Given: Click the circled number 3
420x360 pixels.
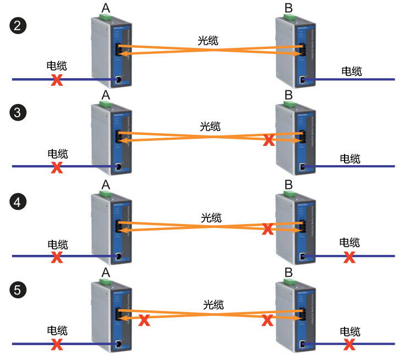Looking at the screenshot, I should point(18,113).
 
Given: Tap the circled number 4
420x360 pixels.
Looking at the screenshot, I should point(18,203).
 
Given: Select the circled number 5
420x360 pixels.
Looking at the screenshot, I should point(18,290).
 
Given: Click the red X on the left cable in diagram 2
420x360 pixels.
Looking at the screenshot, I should point(56,80).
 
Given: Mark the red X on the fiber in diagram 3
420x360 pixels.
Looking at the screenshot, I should point(269,140).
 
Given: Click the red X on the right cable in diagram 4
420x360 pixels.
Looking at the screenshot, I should point(348,257).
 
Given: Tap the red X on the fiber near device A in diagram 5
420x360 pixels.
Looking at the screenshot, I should point(144,320).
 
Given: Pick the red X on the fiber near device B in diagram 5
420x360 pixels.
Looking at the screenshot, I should point(268,320).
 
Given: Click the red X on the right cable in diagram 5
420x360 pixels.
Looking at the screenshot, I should point(348,345).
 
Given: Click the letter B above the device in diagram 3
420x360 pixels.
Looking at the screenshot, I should point(289,95).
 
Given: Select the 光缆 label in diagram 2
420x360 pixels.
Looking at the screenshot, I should point(209,40).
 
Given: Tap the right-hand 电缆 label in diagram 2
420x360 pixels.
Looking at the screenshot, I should point(352,70).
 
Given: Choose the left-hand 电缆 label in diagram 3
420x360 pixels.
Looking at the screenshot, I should point(57,154).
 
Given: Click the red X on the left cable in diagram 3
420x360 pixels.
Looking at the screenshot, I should point(56,167).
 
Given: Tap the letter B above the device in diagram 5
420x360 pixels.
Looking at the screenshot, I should point(289,271).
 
